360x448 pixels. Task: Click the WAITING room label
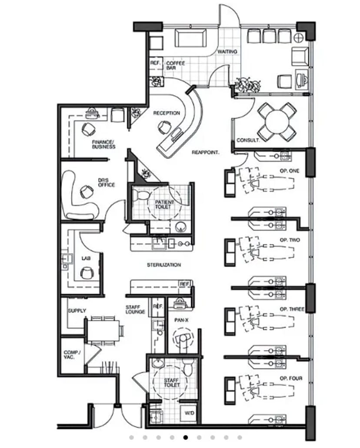[227, 51]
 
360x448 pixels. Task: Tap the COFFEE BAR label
[175, 65]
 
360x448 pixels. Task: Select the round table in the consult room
[277, 122]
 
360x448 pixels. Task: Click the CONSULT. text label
[248, 140]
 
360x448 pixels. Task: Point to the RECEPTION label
[167, 113]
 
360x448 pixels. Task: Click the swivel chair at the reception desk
[164, 127]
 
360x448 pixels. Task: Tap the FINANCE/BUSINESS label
[104, 144]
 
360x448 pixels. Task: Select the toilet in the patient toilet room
[142, 195]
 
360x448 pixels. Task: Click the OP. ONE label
[290, 171]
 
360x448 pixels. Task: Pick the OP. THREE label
[292, 309]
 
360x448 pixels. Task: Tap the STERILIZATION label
[164, 265]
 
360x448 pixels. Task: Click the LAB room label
[86, 258]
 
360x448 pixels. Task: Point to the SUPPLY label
[77, 311]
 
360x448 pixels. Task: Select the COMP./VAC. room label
[72, 355]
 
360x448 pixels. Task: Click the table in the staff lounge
[103, 331]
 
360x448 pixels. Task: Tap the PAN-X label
[181, 321]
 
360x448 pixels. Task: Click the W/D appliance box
[189, 413]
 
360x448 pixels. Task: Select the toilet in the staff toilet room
[188, 367]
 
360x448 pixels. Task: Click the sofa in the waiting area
[190, 38]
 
